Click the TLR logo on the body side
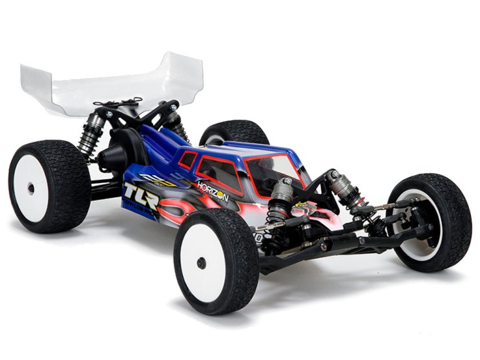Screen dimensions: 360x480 (141, 196)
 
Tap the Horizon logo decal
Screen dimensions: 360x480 (213, 191)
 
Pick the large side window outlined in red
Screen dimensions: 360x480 (218, 173)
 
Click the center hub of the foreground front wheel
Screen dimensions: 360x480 (202, 263)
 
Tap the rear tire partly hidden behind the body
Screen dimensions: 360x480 (234, 132)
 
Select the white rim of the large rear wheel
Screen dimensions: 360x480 (30, 188)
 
